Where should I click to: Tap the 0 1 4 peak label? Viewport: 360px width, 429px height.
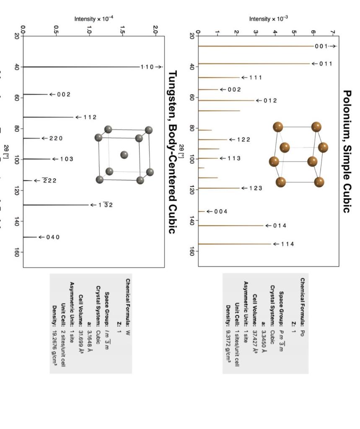(x=280, y=226)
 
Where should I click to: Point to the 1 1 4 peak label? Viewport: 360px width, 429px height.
(x=287, y=244)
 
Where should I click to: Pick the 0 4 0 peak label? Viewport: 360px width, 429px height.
(x=53, y=237)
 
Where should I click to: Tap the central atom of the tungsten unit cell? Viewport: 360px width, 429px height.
(x=124, y=155)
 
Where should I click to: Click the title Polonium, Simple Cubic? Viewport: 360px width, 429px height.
(x=347, y=151)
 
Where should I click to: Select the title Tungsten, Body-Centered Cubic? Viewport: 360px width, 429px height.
(x=172, y=152)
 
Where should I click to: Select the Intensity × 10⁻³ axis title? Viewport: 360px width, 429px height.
(x=268, y=19)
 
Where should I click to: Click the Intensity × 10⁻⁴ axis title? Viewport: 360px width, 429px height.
(x=94, y=19)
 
